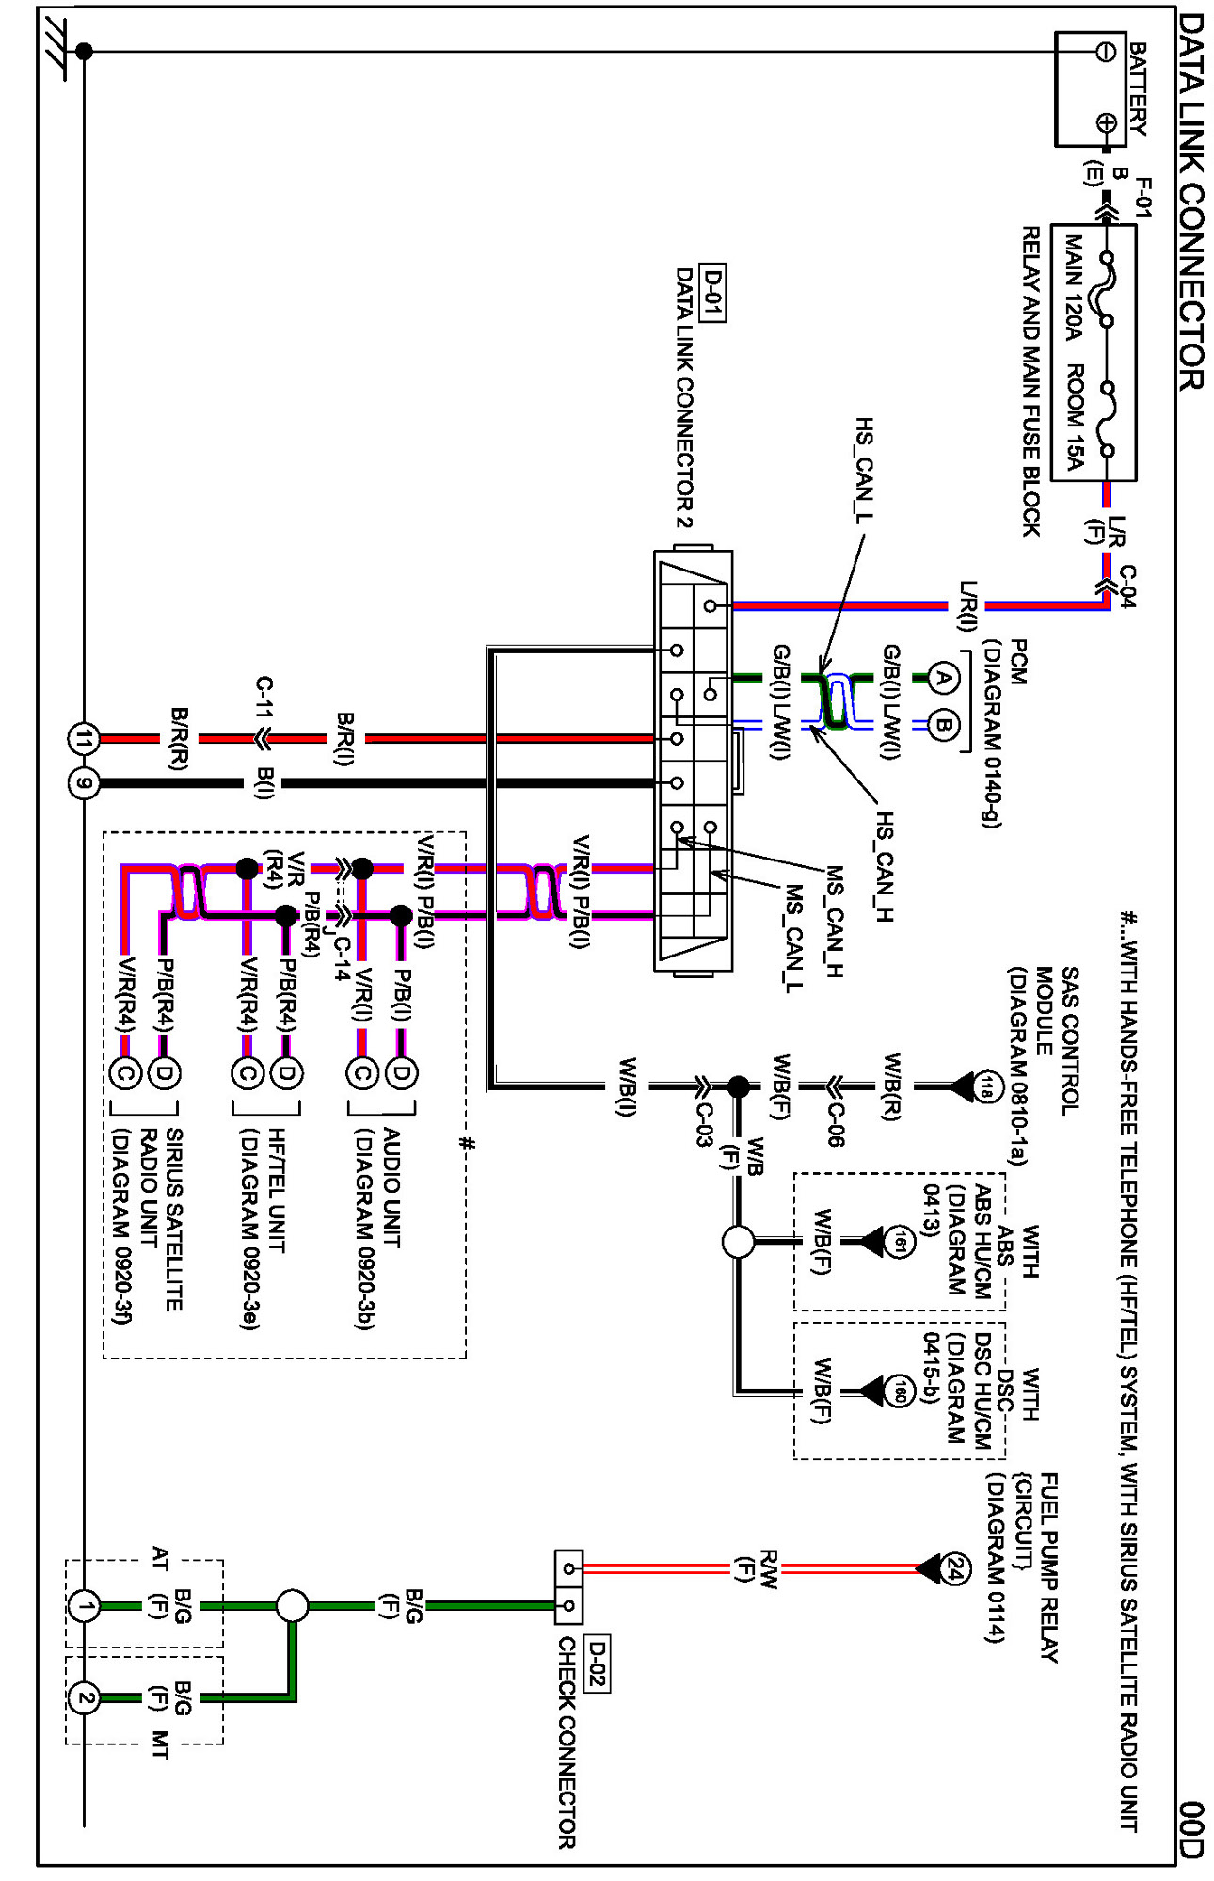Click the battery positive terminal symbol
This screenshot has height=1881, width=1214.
(1107, 122)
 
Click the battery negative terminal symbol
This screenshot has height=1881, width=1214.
(1107, 51)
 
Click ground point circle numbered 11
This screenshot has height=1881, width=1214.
(84, 739)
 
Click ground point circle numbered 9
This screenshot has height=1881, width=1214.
(84, 782)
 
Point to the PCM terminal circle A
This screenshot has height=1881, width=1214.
(944, 678)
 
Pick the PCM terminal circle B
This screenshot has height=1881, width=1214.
(944, 726)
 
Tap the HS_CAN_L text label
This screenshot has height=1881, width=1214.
(863, 470)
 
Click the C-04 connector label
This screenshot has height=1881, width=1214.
(1126, 587)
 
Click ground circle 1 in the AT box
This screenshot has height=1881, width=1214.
(84, 1606)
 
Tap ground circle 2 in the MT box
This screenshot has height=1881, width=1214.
(84, 1698)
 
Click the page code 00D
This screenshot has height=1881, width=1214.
(1190, 1829)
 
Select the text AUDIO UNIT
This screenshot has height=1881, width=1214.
(391, 1188)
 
